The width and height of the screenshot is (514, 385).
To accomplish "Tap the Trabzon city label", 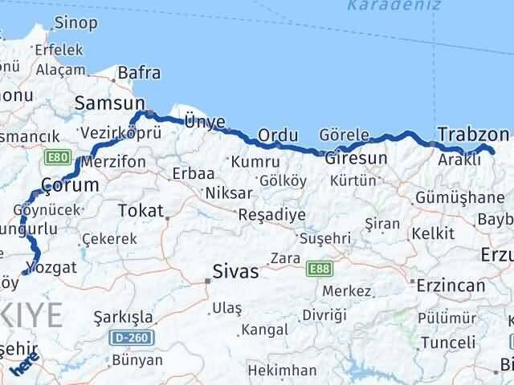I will coord(474,134).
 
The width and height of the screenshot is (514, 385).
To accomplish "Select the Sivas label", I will coord(235,272).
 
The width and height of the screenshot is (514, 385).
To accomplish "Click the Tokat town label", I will coord(140,211).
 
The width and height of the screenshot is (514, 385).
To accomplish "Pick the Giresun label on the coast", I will coord(356,158).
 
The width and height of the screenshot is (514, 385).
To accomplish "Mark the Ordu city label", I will coord(273,134).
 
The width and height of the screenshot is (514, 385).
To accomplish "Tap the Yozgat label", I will coord(52,267).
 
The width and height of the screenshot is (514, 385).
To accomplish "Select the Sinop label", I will coord(75,22).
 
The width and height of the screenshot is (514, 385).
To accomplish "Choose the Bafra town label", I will coord(139,73).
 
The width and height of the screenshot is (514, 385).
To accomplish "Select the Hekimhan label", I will coord(282,370).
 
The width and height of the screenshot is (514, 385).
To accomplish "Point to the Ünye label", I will coord(205,121).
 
